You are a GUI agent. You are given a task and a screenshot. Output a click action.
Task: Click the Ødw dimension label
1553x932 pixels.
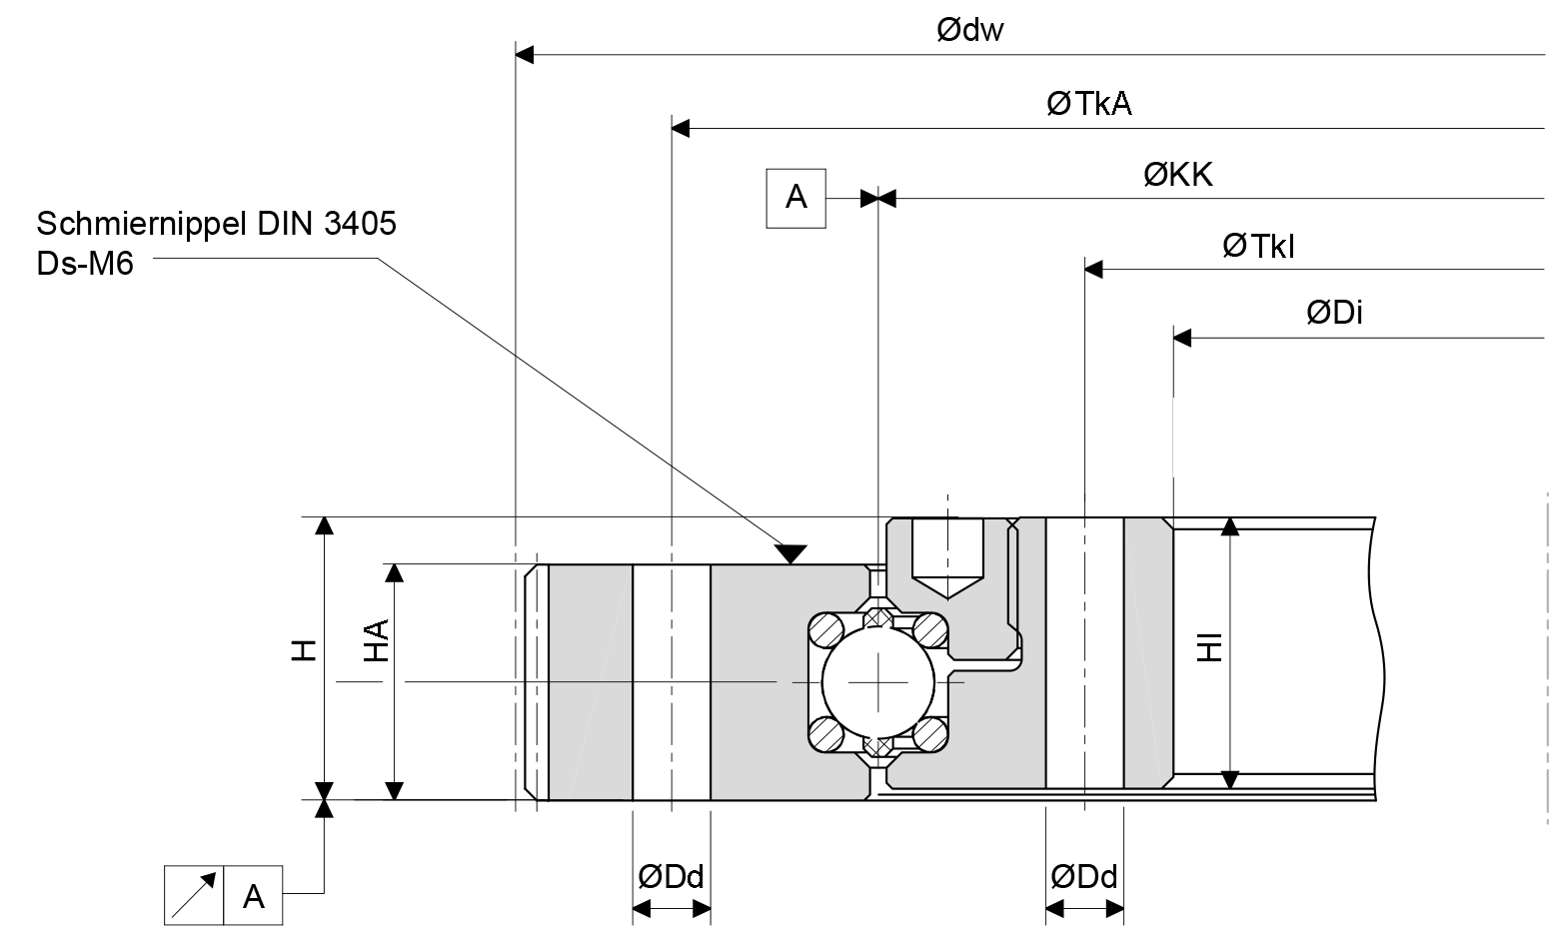(x=969, y=30)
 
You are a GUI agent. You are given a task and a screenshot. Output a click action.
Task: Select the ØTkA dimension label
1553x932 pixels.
(x=1088, y=103)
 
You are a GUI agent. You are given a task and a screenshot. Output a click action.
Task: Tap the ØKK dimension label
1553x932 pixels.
(x=1177, y=175)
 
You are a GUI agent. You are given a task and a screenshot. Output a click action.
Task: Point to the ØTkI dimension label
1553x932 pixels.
(x=1257, y=246)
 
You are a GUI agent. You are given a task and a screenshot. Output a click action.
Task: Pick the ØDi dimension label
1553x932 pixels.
(x=1334, y=313)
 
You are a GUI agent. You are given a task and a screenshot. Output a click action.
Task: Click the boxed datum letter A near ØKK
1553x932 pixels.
(x=795, y=198)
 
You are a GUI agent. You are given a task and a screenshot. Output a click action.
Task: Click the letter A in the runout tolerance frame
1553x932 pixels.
(x=254, y=895)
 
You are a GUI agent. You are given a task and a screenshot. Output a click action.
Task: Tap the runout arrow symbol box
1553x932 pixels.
(x=194, y=895)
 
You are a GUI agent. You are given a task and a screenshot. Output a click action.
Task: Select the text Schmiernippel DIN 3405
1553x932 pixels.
(x=216, y=223)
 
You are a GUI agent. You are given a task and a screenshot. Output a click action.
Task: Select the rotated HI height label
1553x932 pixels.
(x=1210, y=647)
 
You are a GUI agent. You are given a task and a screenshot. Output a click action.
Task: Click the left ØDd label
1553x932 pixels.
(x=671, y=877)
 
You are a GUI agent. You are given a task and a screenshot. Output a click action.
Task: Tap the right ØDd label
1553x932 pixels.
(x=1083, y=877)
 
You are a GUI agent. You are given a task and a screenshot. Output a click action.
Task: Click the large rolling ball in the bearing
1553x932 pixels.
(x=877, y=681)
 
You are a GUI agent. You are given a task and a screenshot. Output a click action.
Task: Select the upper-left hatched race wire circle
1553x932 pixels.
(x=827, y=630)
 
